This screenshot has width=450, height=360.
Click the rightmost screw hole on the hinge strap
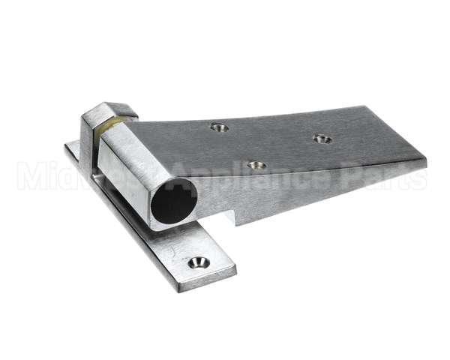(x=322, y=139)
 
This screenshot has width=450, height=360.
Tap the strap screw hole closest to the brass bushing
(x=219, y=127)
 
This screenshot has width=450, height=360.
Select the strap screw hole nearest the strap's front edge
(x=256, y=165)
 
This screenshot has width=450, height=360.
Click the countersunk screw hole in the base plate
(x=199, y=262)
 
